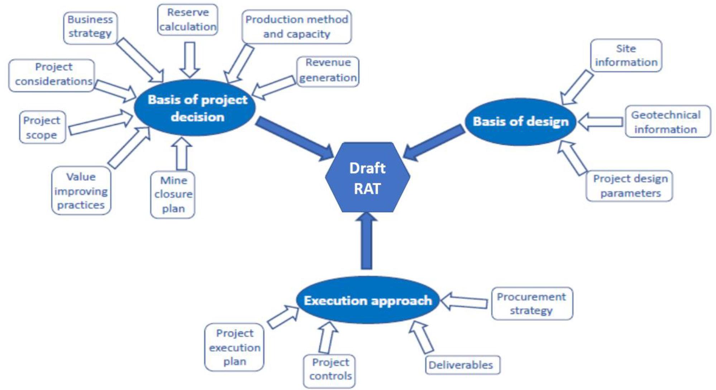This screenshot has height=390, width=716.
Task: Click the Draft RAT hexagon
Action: point(367,177)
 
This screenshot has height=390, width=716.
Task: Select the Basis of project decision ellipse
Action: point(195,107)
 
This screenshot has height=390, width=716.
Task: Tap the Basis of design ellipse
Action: point(520,122)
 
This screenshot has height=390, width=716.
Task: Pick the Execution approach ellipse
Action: point(368,300)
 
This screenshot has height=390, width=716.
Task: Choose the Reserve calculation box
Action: point(188,20)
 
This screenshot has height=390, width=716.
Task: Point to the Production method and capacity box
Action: point(297,27)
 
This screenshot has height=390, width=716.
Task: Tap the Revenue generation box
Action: point(328,71)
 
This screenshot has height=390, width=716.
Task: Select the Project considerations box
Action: point(52,76)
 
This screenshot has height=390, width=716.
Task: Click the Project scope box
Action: point(43,127)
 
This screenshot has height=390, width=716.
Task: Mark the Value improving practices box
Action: point(81,191)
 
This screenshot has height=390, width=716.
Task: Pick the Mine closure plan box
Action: point(173,194)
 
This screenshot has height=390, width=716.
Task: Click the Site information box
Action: point(626,56)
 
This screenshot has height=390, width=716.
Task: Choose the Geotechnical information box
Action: point(668,121)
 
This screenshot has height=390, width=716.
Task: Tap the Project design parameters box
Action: point(629,186)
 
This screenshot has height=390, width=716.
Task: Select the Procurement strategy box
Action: point(532,303)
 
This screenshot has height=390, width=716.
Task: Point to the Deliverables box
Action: point(463,365)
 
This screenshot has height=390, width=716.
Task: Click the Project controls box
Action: point(329,371)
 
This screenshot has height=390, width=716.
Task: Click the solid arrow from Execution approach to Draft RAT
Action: point(366,240)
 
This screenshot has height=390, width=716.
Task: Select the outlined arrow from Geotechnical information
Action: point(600,122)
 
